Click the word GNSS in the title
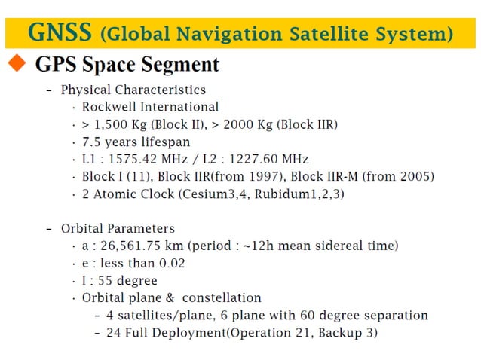coord(60,32)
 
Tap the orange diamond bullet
coord(17,66)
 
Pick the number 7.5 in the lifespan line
coord(93,142)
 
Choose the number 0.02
coord(170,263)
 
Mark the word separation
coord(391,315)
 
